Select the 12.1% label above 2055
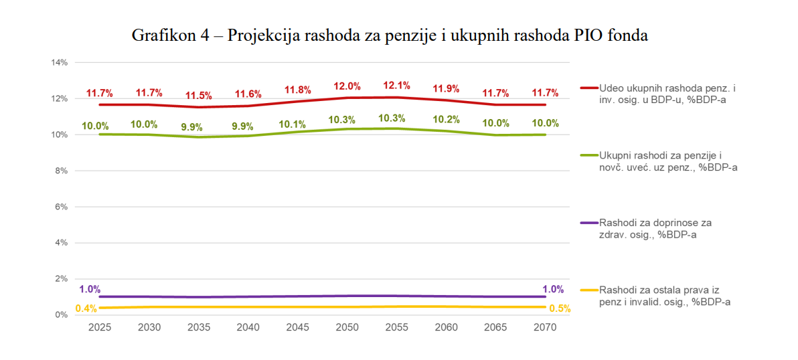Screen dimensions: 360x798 tap(396, 86)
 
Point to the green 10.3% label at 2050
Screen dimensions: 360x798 tap(346, 120)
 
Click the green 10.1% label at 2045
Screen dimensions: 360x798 tap(297, 124)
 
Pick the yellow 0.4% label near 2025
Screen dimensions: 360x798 tap(86, 308)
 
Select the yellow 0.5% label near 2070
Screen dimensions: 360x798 tap(560, 308)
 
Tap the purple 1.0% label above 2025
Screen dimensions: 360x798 tap(90, 289)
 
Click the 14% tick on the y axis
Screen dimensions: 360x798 tap(60, 63)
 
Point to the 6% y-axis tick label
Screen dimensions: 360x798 tap(62, 207)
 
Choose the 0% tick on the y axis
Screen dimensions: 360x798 tap(62, 314)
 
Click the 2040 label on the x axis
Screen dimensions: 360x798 tap(248, 328)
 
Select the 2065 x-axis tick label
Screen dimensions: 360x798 tap(496, 328)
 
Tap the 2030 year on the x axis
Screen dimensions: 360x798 tap(149, 328)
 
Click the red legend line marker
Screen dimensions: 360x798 tap(588, 88)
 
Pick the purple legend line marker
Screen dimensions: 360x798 tap(588, 222)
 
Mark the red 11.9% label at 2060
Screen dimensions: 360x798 tap(445, 88)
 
